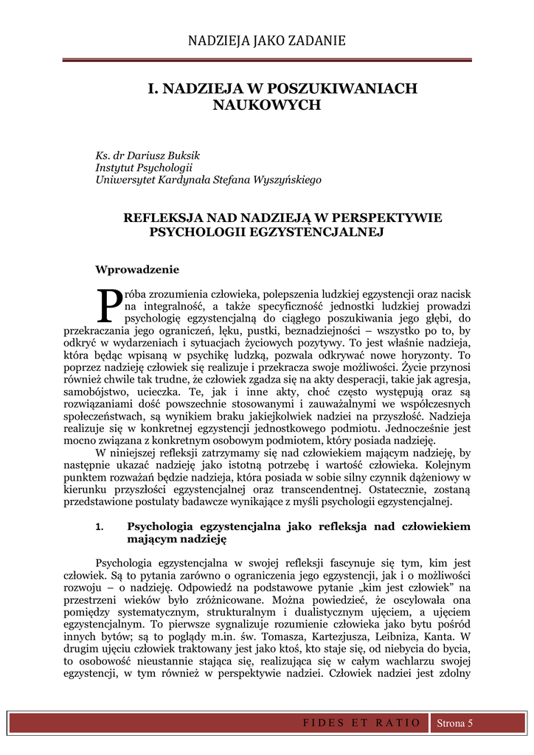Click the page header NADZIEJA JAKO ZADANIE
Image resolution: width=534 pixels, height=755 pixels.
[266, 41]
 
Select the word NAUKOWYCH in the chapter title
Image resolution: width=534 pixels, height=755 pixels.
[266, 105]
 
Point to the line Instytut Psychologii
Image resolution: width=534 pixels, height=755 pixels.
[139, 167]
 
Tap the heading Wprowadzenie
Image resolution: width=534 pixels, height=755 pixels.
[137, 270]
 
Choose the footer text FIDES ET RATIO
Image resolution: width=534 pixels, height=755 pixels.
[361, 723]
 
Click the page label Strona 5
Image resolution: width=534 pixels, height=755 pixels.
[454, 723]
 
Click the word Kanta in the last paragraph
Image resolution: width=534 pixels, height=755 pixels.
[448, 635]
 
